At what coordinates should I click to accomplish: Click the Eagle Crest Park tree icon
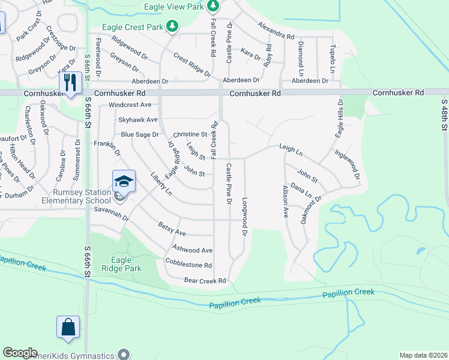(173, 26)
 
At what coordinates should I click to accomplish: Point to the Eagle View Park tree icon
(212, 6)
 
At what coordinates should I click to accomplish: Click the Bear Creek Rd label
(205, 280)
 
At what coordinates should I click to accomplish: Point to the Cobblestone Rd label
(188, 265)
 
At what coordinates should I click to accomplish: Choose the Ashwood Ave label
(192, 250)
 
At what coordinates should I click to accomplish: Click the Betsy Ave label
(172, 229)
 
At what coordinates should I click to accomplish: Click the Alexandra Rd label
(276, 31)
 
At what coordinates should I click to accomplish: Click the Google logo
(20, 353)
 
